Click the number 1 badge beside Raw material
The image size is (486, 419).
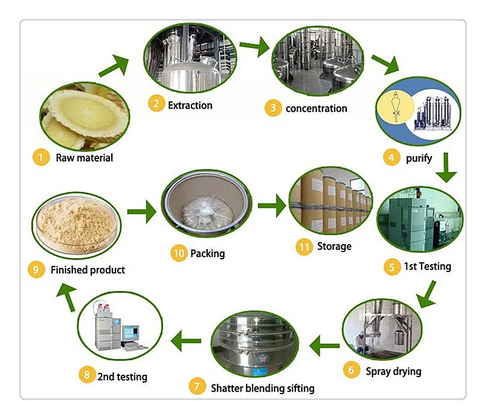coord(40,158)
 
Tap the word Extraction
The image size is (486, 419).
coord(190,105)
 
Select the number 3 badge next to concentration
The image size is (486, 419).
coord(273,109)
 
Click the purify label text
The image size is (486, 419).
coord(419,158)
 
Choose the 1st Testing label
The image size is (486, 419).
coord(428,266)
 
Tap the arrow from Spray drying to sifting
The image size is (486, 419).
coord(324,346)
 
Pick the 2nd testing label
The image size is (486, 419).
coord(122,376)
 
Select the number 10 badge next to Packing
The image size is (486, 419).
coord(178,253)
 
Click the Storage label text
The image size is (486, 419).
coord(334,246)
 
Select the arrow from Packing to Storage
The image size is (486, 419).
coord(272,206)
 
